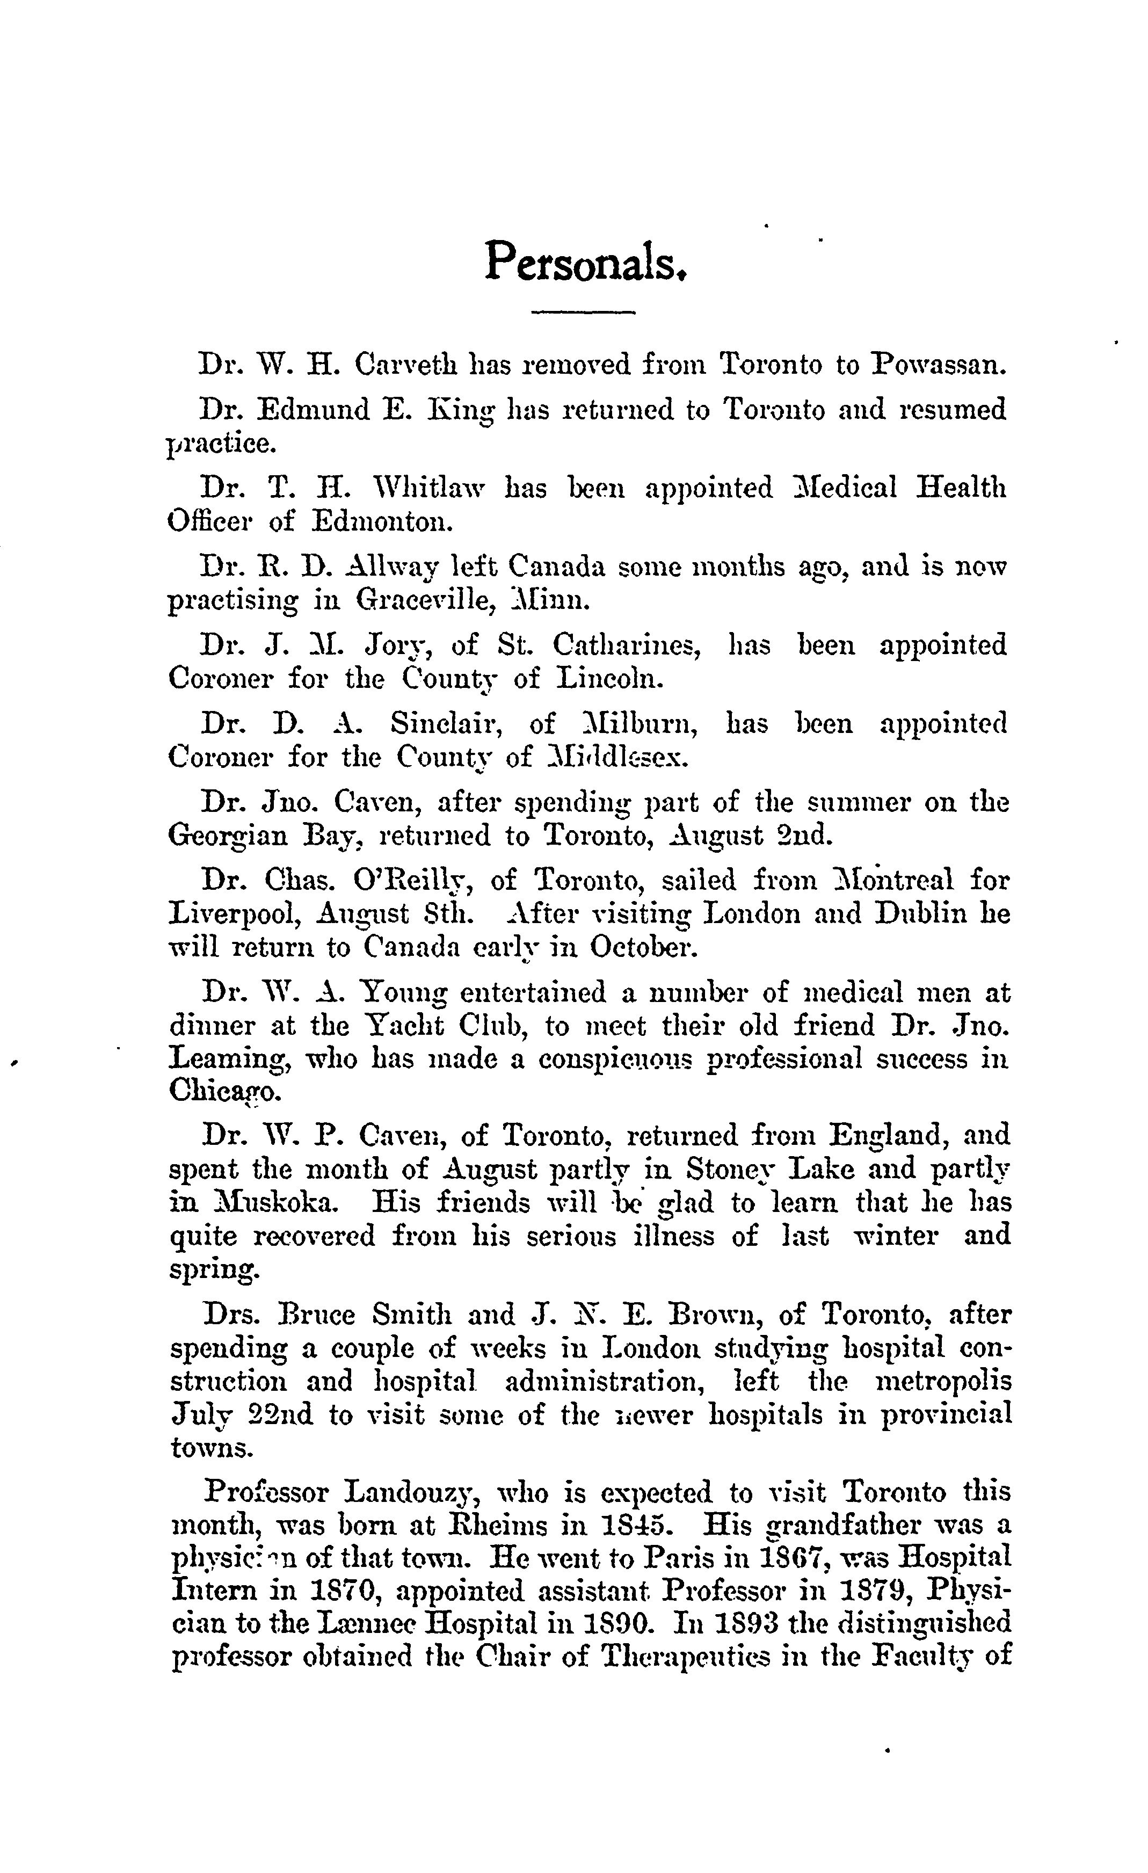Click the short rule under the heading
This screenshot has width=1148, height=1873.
[583, 311]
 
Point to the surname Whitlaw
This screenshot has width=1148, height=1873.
[429, 487]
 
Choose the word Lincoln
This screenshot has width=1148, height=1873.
[610, 678]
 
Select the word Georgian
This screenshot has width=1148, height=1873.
[227, 836]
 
